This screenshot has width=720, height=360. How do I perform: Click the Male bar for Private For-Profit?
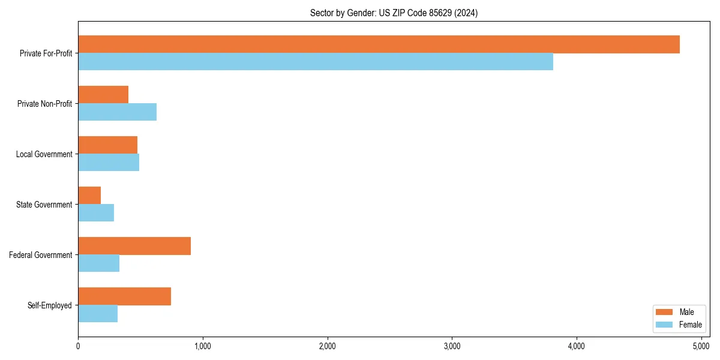379,44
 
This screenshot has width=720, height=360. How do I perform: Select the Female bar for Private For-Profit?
316,62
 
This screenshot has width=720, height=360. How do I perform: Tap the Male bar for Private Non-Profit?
103,95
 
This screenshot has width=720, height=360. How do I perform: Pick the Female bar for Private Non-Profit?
117,112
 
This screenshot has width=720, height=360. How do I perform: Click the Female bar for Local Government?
109,163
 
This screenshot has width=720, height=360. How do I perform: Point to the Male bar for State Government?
89,196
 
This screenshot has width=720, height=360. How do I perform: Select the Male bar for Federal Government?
134,246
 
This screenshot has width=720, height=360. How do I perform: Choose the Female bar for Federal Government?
98,263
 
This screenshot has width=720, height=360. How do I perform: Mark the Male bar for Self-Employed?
124,296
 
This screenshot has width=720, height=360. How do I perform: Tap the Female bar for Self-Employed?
98,314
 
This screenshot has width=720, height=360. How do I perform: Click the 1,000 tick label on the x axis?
202,346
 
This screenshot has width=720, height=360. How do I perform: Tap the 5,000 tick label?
701,346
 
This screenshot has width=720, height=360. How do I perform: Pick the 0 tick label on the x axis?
78,346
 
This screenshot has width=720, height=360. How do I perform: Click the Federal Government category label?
41,255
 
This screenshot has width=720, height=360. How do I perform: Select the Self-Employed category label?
50,305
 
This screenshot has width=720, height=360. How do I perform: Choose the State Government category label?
44,205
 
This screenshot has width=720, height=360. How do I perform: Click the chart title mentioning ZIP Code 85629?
394,13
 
